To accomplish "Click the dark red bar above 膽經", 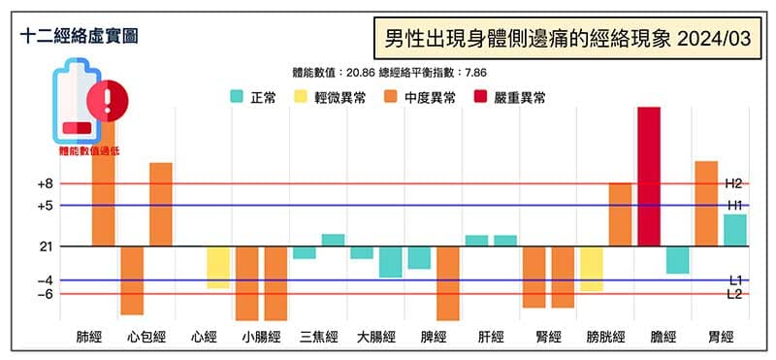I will [x=649, y=176].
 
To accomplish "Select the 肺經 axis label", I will [x=89, y=338].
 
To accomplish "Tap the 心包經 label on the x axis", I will [x=146, y=338].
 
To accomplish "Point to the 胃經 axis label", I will [x=720, y=338].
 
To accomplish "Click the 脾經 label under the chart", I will [x=434, y=338].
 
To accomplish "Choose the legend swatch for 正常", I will [x=237, y=97].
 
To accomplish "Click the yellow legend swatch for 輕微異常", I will [x=301, y=97].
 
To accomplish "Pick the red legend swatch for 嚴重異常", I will [x=482, y=97].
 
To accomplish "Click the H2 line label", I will [x=733, y=183].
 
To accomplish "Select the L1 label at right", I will [x=734, y=280].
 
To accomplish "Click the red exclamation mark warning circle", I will [x=106, y=99].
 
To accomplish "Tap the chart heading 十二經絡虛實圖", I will [x=79, y=36].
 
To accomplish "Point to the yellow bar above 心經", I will [x=218, y=267].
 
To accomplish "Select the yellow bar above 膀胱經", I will [x=592, y=269].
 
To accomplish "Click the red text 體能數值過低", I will [x=91, y=150].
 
